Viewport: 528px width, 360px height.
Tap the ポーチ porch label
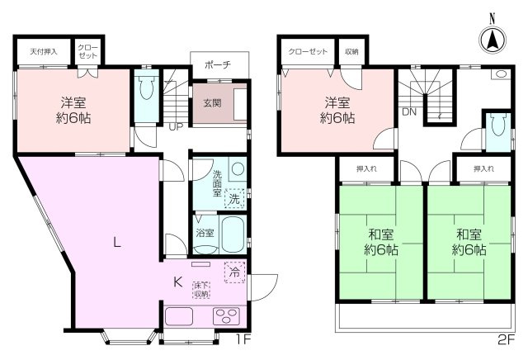(x=218, y=64)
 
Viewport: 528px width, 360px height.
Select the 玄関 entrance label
(x=213, y=103)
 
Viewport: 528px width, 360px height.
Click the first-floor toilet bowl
(x=147, y=87)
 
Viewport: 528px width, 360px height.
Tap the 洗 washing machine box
(x=234, y=198)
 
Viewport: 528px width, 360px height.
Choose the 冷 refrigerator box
(x=234, y=272)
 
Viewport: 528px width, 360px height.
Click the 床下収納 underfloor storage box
(x=201, y=290)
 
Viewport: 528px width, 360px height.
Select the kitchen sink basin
(x=179, y=316)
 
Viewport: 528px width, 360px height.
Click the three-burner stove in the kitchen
(x=226, y=316)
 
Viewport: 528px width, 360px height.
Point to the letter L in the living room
(x=116, y=242)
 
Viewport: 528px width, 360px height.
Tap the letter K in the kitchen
(x=177, y=282)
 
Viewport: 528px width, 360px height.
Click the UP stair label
(x=176, y=126)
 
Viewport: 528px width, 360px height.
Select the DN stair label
(x=409, y=112)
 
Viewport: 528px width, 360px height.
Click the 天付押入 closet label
(x=44, y=51)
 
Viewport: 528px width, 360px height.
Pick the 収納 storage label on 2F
(x=351, y=51)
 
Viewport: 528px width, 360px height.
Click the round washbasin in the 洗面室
(x=238, y=169)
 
